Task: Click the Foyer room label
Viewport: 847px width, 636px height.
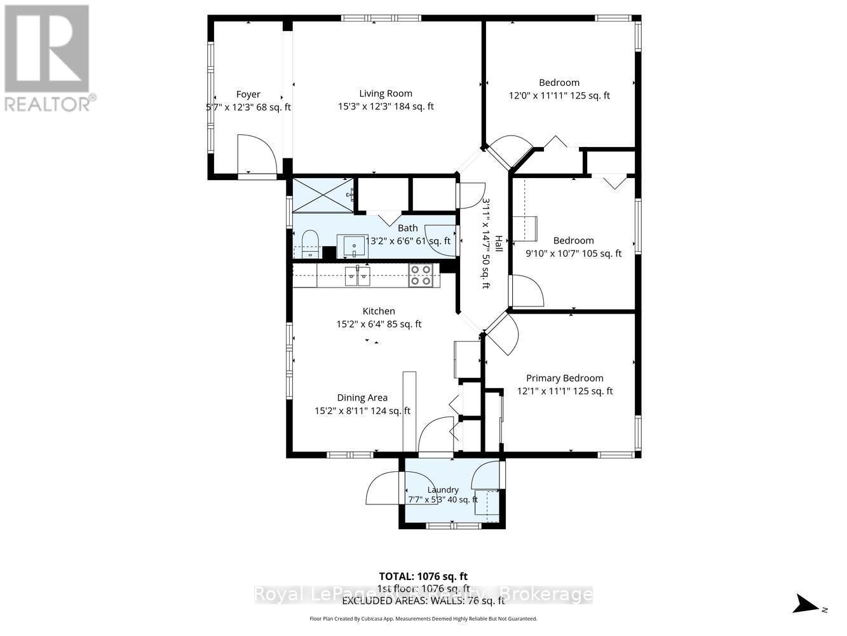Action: click(248, 94)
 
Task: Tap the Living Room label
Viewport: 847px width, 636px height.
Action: click(386, 93)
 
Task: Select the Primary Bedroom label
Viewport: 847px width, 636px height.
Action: click(564, 378)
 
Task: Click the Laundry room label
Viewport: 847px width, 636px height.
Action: click(443, 489)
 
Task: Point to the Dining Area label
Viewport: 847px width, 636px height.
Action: click(362, 397)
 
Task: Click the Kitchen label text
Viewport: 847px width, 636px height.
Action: click(379, 311)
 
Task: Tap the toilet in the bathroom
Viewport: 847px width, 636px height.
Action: click(309, 244)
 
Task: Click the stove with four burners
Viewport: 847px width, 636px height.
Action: click(421, 275)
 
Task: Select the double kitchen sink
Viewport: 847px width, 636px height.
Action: click(357, 276)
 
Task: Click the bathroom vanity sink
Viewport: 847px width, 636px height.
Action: click(350, 245)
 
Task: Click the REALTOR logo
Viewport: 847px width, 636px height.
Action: click(48, 58)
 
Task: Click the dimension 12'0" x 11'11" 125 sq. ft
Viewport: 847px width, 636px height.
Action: click(559, 95)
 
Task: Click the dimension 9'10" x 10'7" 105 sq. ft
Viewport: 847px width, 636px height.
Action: click(573, 253)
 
